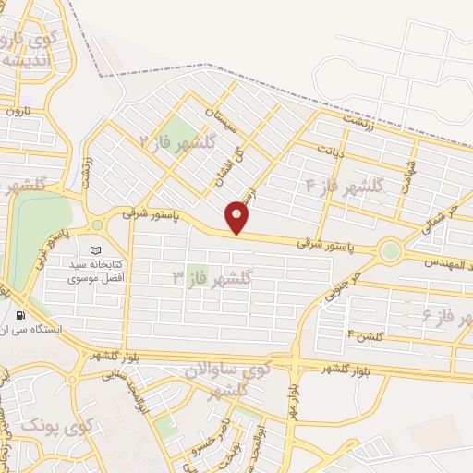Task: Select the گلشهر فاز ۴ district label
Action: (x=345, y=186)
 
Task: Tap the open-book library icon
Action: (x=95, y=250)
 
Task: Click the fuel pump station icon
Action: (x=19, y=315)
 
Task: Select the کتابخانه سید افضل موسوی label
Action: (x=97, y=272)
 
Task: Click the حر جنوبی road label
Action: (x=342, y=288)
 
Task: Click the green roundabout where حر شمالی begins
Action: (x=391, y=250)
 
